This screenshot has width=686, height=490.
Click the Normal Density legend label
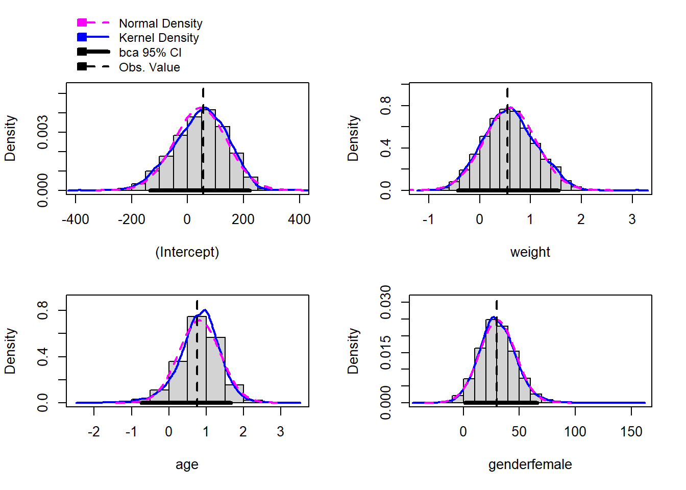(x=160, y=23)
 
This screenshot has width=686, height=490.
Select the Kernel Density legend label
(x=159, y=38)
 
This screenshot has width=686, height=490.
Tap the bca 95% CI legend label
(x=150, y=53)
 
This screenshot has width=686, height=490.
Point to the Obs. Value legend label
(x=149, y=67)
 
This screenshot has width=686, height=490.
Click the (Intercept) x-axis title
(x=187, y=252)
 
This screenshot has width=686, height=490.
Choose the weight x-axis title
(x=530, y=252)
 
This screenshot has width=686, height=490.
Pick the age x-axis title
(x=187, y=464)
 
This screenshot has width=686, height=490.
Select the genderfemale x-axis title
(x=530, y=464)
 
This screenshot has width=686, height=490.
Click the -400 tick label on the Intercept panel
(x=75, y=219)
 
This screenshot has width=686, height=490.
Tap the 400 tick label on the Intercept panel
(x=299, y=219)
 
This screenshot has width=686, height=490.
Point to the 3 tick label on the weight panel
(x=632, y=219)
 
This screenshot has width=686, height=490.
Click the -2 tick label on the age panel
(x=93, y=432)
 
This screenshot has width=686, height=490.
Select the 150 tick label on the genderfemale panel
(x=631, y=432)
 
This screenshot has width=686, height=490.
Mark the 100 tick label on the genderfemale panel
(x=575, y=432)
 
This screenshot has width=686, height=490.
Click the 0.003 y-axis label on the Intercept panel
(x=43, y=132)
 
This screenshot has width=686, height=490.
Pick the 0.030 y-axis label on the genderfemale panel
(x=386, y=302)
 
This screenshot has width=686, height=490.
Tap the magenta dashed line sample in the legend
(x=93, y=23)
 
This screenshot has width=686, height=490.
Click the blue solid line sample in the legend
(x=93, y=37)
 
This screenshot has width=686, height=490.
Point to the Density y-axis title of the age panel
(x=10, y=351)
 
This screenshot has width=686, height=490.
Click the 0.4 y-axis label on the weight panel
(x=386, y=148)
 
